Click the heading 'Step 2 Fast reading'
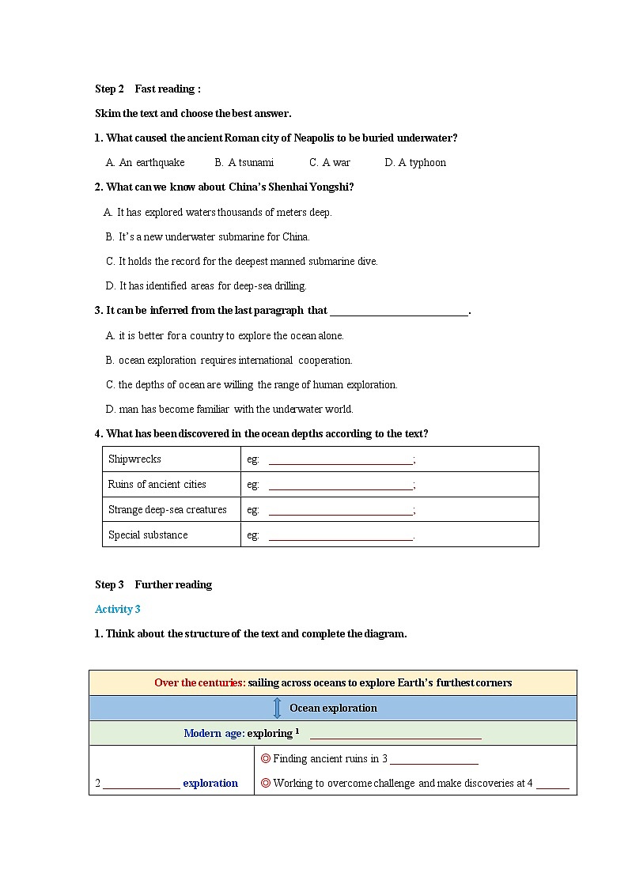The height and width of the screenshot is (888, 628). tap(147, 89)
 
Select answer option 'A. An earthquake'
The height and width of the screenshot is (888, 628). tap(146, 162)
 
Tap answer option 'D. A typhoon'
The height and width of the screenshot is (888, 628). tap(415, 162)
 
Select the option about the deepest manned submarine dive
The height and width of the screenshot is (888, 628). tap(242, 261)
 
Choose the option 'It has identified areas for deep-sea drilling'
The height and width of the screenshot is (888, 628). tap(206, 285)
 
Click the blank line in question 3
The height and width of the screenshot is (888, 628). tap(399, 312)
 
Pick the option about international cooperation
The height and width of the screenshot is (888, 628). tap(229, 360)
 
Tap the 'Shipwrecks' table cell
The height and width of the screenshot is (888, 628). tap(134, 459)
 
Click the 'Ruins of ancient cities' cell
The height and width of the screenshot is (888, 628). tap(157, 484)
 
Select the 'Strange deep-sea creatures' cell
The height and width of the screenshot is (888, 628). tap(167, 509)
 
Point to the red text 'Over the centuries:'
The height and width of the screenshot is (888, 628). tap(199, 682)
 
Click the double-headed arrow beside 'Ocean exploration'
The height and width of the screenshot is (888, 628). tap(277, 708)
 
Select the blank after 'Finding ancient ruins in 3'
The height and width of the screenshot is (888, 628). tap(433, 761)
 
